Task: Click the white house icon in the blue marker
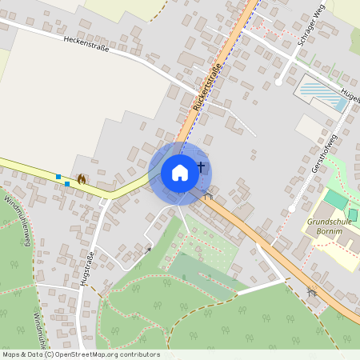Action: coord(179,172)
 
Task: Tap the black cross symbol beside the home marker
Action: coord(201,167)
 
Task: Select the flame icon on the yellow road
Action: coord(82,179)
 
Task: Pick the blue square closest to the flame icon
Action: coord(66,184)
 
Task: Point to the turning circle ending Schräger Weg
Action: coord(278,82)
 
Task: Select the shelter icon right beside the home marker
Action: coord(208,194)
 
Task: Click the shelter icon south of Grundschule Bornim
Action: coord(312,292)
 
